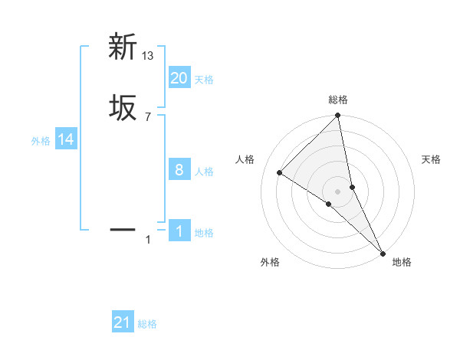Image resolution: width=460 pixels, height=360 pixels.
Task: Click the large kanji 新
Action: coord(123,47)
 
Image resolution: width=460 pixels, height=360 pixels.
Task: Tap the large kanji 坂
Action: coord(123,107)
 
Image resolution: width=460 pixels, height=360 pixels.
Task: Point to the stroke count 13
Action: coord(148,55)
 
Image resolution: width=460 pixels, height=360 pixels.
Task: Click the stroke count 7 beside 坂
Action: coord(147,116)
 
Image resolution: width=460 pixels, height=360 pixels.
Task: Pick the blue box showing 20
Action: coord(179,78)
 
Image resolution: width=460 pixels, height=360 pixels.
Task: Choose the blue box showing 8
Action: coord(179,170)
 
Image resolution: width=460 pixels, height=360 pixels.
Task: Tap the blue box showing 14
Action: coord(66,139)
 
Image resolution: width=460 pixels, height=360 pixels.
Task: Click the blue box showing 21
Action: coord(123,322)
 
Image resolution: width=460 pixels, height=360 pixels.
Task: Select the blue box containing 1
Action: coord(179,231)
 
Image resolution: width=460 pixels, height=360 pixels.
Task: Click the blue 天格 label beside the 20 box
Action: coord(204,80)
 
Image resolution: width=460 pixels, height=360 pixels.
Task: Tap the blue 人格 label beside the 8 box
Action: coord(204,172)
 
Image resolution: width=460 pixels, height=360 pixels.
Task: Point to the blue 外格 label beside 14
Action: coord(41,141)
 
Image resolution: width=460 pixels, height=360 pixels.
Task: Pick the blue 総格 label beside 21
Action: coord(147,324)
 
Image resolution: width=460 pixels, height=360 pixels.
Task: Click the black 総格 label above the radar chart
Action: coord(338,100)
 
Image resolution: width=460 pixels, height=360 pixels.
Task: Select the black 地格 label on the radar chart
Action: coord(402,262)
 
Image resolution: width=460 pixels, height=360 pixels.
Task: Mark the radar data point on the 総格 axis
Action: coord(338,116)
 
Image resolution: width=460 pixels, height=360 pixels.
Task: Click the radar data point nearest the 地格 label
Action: coord(382,252)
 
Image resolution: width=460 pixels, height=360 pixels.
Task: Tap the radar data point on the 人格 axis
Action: coord(280,173)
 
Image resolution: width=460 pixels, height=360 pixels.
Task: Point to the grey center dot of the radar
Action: coord(338,191)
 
